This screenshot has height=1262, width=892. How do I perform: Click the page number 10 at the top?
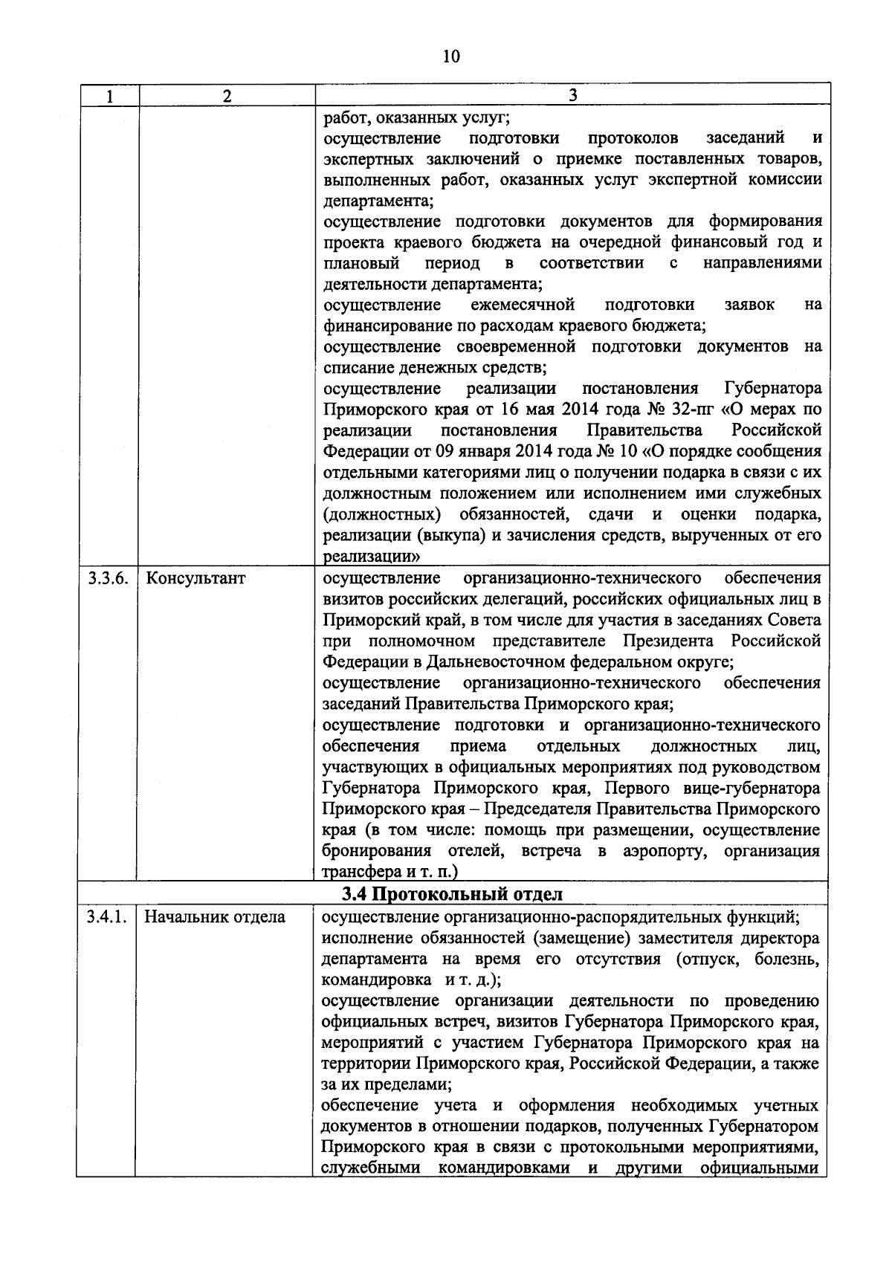point(451,56)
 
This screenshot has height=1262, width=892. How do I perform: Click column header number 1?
point(109,96)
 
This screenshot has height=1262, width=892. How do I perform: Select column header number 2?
point(227,96)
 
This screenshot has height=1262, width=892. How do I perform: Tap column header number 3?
point(572,96)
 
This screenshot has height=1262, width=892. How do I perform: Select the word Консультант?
point(195,579)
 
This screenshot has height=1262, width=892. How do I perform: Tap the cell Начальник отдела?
point(215,917)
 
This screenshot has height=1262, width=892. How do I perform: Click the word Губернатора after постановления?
point(773,389)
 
